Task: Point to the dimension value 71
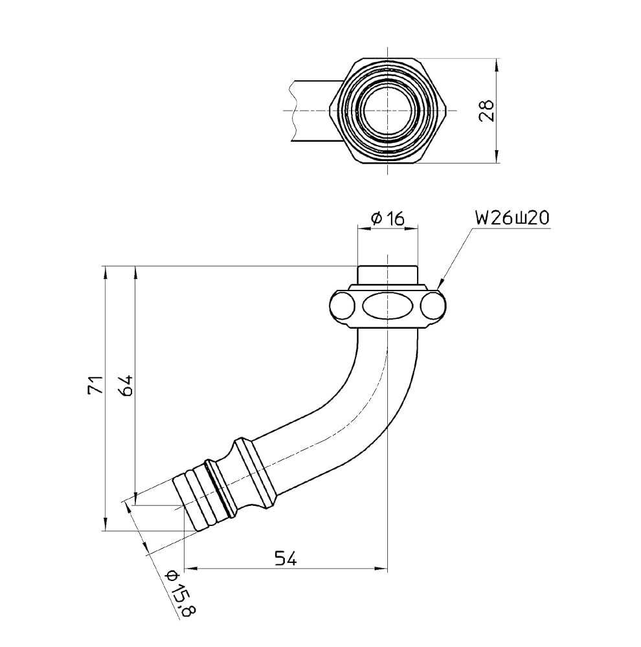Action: click(x=95, y=384)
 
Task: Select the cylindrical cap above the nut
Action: click(x=387, y=274)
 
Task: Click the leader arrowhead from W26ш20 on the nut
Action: click(x=439, y=284)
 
